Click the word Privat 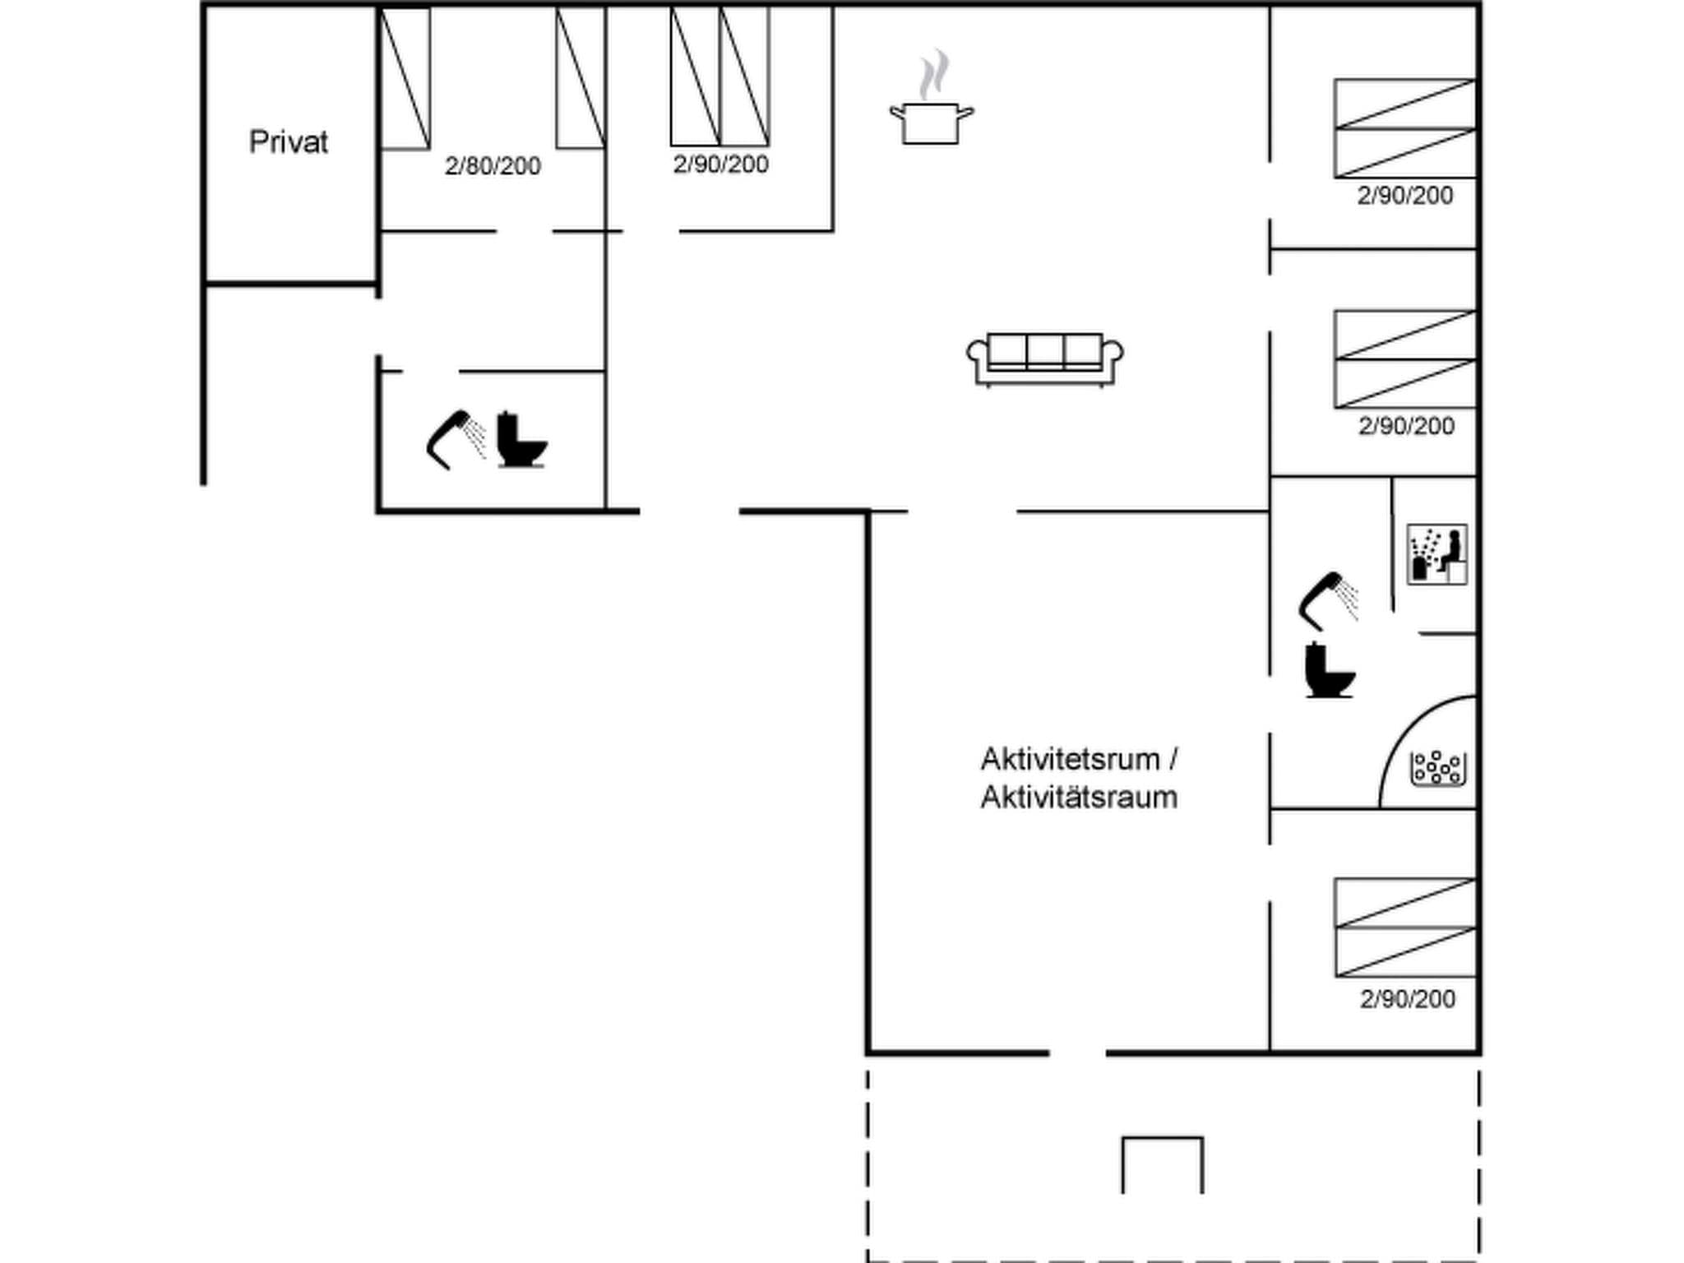[x=289, y=142]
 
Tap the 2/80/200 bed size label [x=493, y=166]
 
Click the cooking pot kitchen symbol [x=931, y=123]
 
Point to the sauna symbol [x=1436, y=554]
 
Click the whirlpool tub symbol [x=1437, y=768]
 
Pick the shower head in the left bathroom [x=455, y=438]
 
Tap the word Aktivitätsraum [x=1079, y=798]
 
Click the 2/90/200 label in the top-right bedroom [x=1404, y=196]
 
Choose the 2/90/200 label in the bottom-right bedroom [x=1407, y=999]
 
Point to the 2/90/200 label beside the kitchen [x=720, y=164]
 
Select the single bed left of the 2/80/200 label [x=405, y=79]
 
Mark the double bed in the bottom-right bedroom [x=1404, y=928]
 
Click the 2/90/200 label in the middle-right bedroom [x=1406, y=426]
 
